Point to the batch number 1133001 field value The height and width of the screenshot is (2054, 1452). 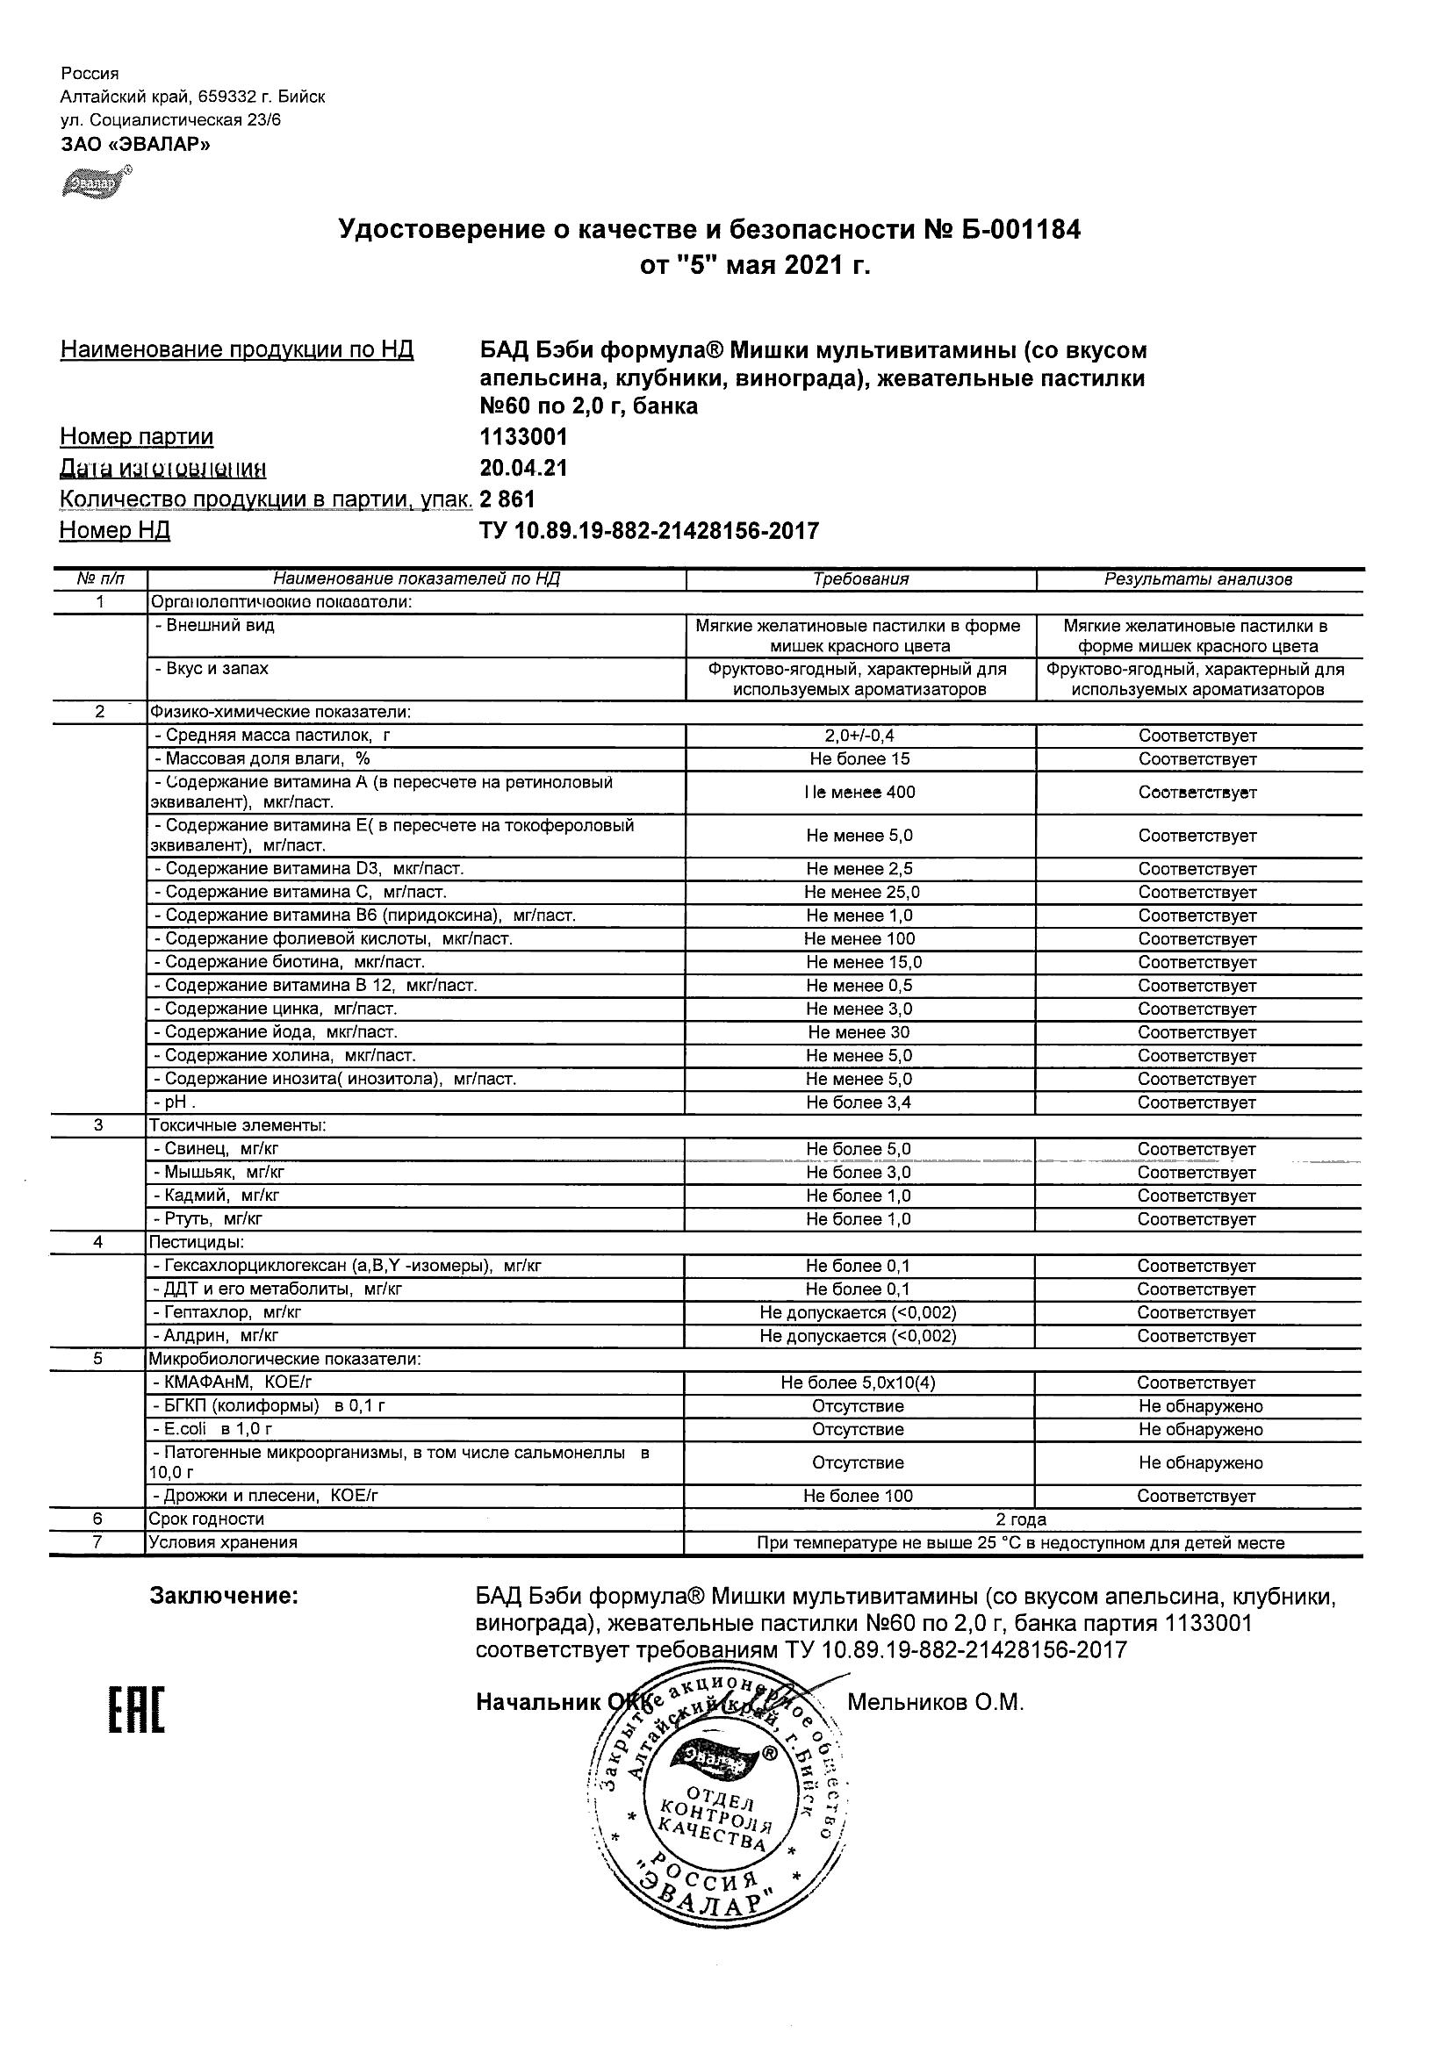point(523,436)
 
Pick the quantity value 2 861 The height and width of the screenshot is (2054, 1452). point(507,499)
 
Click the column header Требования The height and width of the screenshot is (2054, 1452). point(860,578)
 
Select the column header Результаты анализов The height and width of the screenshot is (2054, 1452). point(1198,578)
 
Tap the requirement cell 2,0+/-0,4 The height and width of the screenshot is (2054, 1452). point(859,736)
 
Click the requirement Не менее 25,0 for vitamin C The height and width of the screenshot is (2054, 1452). point(860,892)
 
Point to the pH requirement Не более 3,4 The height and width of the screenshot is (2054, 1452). point(858,1102)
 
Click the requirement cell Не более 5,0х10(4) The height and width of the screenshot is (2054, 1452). point(858,1382)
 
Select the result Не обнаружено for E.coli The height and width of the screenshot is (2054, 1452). point(1200,1429)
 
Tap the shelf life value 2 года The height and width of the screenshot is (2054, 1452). point(1021,1519)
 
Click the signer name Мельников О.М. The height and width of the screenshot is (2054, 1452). point(935,1702)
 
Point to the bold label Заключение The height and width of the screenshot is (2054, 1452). point(224,1596)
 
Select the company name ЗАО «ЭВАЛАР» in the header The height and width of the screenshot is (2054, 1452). point(136,144)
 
